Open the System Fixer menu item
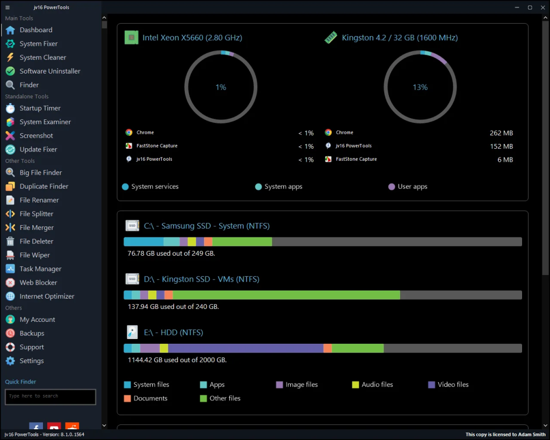click(38, 44)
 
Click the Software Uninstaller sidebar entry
click(49, 71)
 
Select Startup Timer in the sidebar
click(40, 108)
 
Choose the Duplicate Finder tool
click(44, 186)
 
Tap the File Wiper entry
click(34, 255)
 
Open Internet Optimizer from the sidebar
click(47, 296)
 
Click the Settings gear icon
click(10, 361)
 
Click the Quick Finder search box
click(50, 396)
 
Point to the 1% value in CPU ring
click(221, 87)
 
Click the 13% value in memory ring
click(420, 87)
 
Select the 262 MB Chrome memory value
click(501, 133)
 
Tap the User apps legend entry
click(412, 186)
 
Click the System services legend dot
click(126, 187)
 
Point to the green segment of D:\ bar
click(286, 295)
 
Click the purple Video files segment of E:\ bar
click(245, 348)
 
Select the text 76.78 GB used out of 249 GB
click(171, 253)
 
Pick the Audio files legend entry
click(377, 385)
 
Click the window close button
click(542, 8)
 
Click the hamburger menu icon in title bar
click(8, 8)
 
